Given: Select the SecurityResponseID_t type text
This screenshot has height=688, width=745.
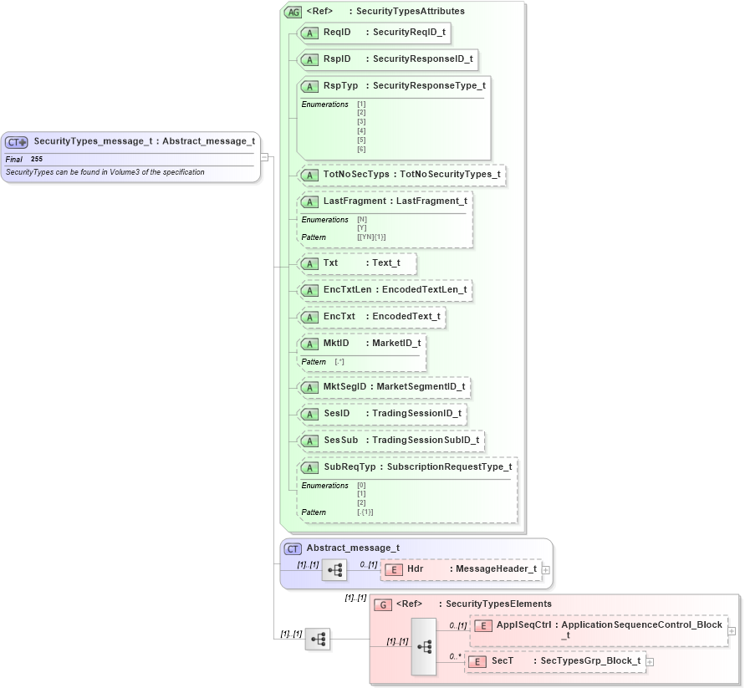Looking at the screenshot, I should click(x=422, y=59).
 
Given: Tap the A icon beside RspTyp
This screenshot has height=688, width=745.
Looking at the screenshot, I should click(x=309, y=86).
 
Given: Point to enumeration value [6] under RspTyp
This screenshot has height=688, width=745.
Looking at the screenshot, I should click(x=361, y=149).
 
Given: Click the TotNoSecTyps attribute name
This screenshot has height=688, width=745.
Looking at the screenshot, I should click(x=356, y=175).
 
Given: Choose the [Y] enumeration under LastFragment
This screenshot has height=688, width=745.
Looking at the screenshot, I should click(x=361, y=228).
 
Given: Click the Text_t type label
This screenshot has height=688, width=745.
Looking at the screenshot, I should click(x=385, y=263).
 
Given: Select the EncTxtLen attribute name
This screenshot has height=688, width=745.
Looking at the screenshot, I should click(x=347, y=290).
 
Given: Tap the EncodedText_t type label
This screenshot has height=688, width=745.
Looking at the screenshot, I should click(x=406, y=317).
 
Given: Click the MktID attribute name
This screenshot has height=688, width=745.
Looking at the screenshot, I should click(x=336, y=344).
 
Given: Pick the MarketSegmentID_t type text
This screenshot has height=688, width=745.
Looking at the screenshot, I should click(x=421, y=387).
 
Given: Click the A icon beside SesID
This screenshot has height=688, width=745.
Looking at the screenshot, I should click(x=309, y=414).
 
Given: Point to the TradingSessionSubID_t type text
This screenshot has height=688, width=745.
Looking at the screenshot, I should click(x=426, y=440).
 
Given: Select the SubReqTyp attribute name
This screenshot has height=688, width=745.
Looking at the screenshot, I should click(x=350, y=466).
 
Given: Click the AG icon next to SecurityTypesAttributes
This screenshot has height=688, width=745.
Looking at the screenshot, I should click(x=293, y=12).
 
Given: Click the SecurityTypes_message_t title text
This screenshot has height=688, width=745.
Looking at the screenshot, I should click(x=93, y=141).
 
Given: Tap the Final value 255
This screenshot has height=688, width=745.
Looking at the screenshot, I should click(x=37, y=159).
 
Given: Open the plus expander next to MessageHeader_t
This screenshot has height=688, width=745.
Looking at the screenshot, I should click(x=545, y=569).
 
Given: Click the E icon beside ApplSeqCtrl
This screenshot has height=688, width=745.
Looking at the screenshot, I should click(x=482, y=625).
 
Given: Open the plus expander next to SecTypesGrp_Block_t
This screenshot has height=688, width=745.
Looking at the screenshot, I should click(x=650, y=661).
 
